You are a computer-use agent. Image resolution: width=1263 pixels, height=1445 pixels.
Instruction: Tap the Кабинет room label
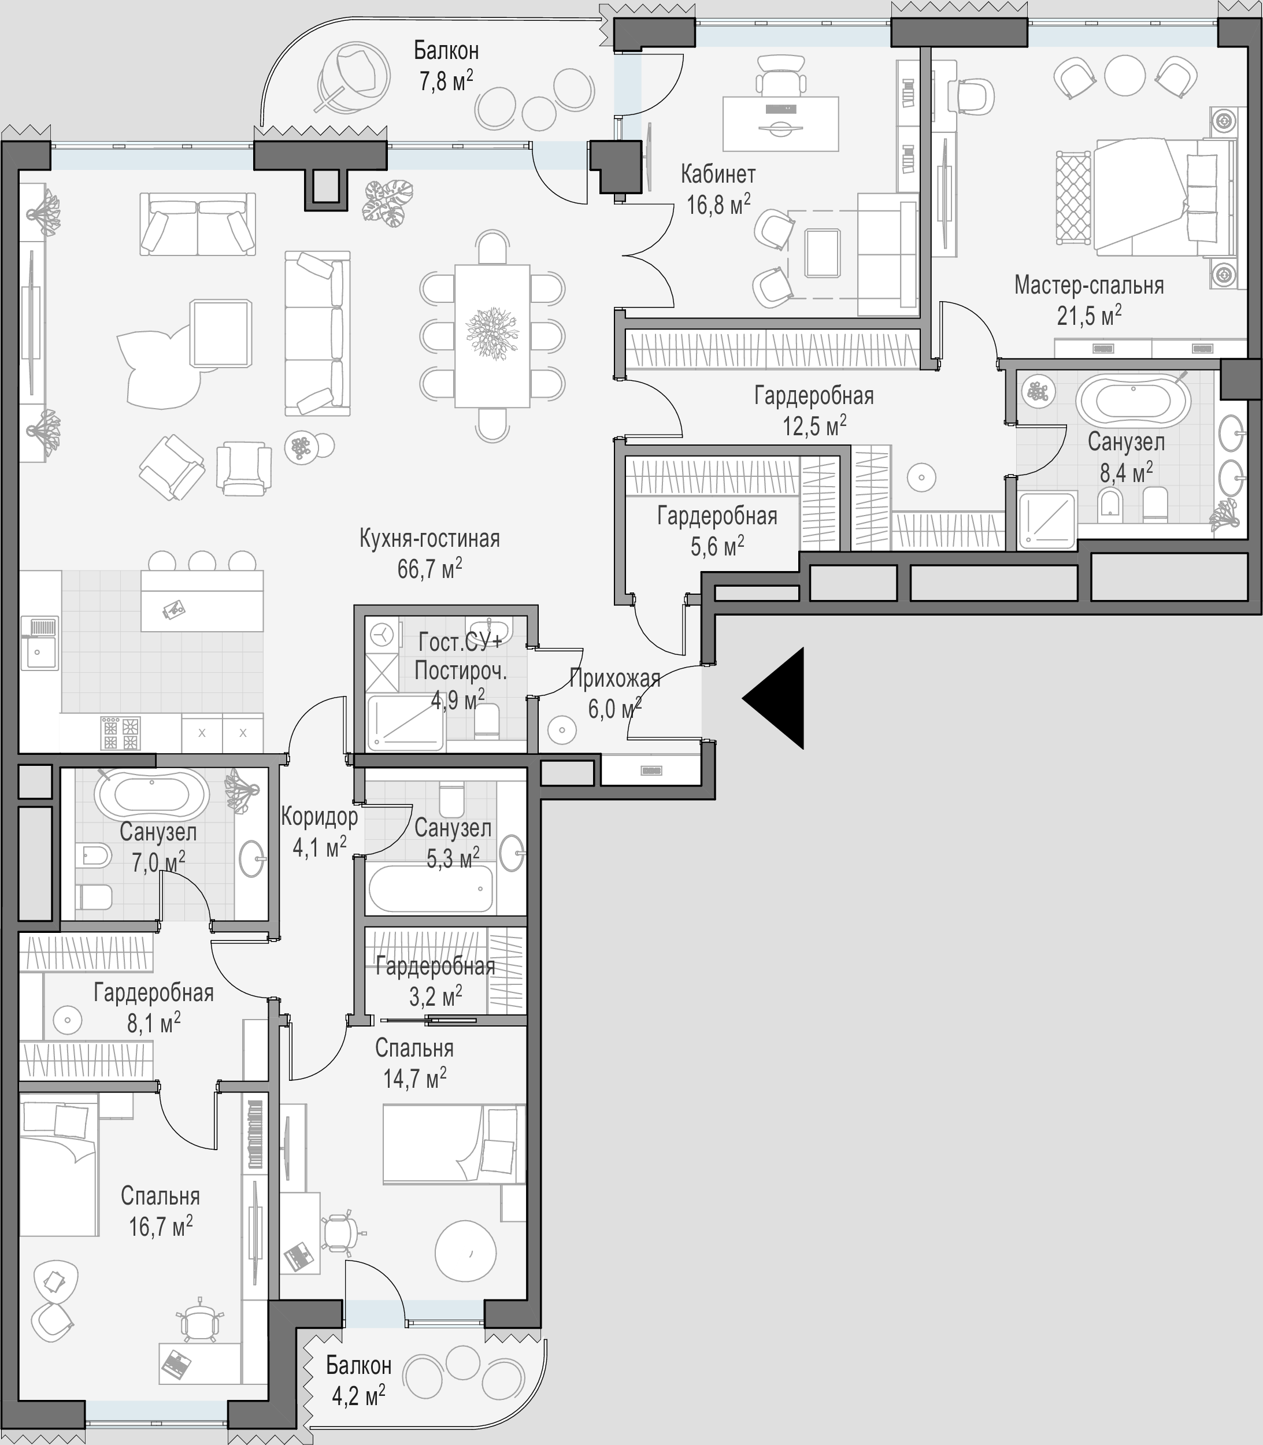pyautogui.click(x=717, y=174)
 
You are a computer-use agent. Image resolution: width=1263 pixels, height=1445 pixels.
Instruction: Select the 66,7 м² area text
pyautogui.click(x=430, y=568)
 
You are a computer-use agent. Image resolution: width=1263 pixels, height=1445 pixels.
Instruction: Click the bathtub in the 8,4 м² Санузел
pyautogui.click(x=1134, y=401)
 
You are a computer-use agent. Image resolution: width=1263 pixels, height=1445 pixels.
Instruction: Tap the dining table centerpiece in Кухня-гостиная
pyautogui.click(x=492, y=334)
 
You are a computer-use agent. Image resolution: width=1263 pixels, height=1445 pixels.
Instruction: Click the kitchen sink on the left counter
pyautogui.click(x=39, y=642)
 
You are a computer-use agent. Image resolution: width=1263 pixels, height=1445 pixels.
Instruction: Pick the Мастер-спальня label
pyautogui.click(x=1089, y=286)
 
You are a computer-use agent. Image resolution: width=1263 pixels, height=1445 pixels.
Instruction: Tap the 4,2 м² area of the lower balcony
pyautogui.click(x=359, y=1395)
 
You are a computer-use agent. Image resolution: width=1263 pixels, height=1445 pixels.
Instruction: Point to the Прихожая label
pyautogui.click(x=614, y=678)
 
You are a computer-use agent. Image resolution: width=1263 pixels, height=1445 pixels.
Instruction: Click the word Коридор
pyautogui.click(x=319, y=817)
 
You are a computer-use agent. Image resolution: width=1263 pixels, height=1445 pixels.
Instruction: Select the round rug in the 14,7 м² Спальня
pyautogui.click(x=465, y=1252)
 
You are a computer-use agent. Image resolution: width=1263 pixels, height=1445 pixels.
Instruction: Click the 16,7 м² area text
pyautogui.click(x=160, y=1227)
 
